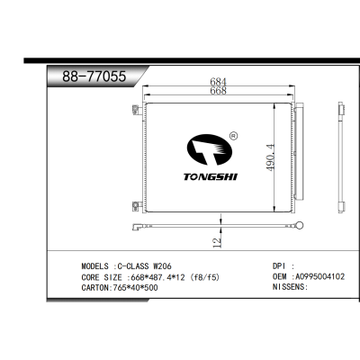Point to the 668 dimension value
[x=217, y=92]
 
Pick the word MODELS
[x=94, y=266]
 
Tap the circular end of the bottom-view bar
[x=302, y=226]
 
